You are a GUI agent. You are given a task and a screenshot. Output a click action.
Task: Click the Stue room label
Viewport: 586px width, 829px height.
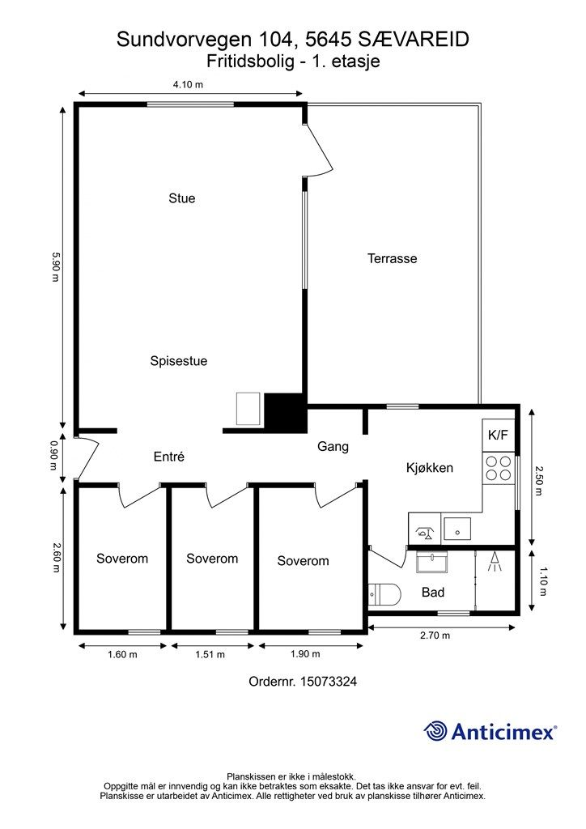coord(182,198)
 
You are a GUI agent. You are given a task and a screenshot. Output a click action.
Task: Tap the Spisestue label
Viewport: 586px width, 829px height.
coord(179,362)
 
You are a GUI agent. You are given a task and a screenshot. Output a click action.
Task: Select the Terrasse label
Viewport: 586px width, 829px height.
coord(392,258)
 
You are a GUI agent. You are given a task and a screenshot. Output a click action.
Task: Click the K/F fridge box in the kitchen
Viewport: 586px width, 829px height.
coord(498,435)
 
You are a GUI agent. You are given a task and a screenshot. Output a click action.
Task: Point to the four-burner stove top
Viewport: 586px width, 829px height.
coord(499,468)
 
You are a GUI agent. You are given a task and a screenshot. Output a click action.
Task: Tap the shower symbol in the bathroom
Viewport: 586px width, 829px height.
coord(495,562)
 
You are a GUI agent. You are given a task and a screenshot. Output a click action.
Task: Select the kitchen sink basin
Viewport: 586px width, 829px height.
coord(457,528)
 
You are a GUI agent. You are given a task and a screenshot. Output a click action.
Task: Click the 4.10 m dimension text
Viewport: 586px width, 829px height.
coord(188,84)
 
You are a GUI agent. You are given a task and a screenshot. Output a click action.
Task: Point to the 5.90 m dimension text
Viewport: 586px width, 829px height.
coord(56,266)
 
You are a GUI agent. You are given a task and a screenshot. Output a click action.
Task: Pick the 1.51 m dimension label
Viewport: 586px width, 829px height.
coord(210,654)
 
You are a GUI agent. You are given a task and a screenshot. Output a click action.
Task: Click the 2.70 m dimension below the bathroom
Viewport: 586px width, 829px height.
coord(435,636)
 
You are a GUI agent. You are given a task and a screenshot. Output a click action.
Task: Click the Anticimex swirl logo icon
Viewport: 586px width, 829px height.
coord(436,731)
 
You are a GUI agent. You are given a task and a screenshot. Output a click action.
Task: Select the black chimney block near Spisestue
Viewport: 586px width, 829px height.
coord(286,413)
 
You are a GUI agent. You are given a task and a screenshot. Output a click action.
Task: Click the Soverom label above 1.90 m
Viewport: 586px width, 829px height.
coord(303,561)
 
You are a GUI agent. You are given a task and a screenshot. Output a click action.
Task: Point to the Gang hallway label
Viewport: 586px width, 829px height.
coord(333,447)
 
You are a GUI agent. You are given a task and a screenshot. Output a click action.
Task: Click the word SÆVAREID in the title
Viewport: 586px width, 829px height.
coord(414,40)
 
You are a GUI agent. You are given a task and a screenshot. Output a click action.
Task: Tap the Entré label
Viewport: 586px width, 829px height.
coord(169,457)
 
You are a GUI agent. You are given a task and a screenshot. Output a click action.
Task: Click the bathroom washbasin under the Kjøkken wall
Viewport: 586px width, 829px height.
coord(431,562)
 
